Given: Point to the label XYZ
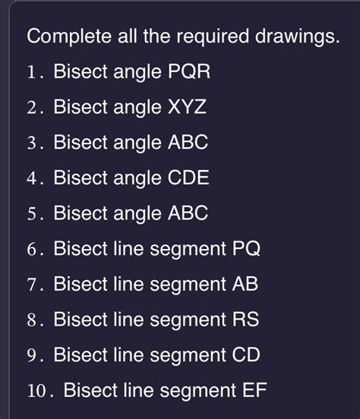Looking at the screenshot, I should pos(185,108).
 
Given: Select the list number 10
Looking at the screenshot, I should pos(36,391).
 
